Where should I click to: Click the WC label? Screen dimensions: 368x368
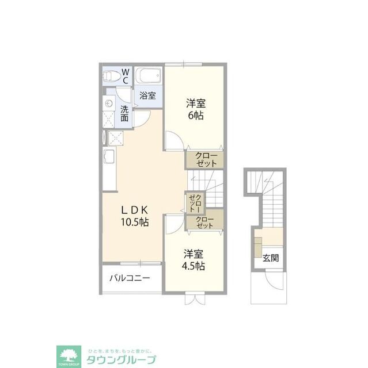click(125, 76)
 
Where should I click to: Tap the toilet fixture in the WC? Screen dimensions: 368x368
click(112, 76)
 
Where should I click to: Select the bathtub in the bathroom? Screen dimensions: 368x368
click(149, 75)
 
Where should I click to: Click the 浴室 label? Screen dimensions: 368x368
click(147, 95)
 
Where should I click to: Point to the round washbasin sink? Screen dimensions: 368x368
click(109, 103)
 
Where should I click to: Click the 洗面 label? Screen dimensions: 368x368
click(124, 113)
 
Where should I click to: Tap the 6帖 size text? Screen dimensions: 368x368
click(196, 116)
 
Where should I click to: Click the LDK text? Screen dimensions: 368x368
click(135, 210)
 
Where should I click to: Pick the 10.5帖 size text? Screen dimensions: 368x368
click(135, 222)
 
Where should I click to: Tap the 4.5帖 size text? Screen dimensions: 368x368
click(193, 266)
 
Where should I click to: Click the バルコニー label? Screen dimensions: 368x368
click(130, 278)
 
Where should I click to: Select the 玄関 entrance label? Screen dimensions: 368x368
click(271, 258)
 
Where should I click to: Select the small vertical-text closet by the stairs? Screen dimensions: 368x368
click(195, 203)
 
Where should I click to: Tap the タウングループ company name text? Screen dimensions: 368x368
click(121, 359)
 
